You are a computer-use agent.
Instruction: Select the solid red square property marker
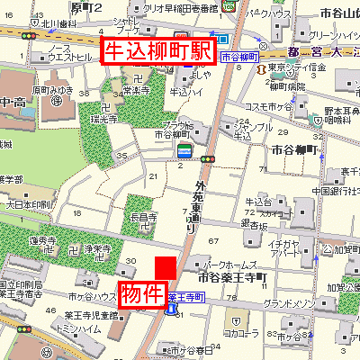tap(166, 269)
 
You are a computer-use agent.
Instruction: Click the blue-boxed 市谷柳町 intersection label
tap(239, 57)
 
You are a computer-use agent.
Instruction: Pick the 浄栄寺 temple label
tap(98, 248)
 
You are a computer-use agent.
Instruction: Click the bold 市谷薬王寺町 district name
tap(229, 277)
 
